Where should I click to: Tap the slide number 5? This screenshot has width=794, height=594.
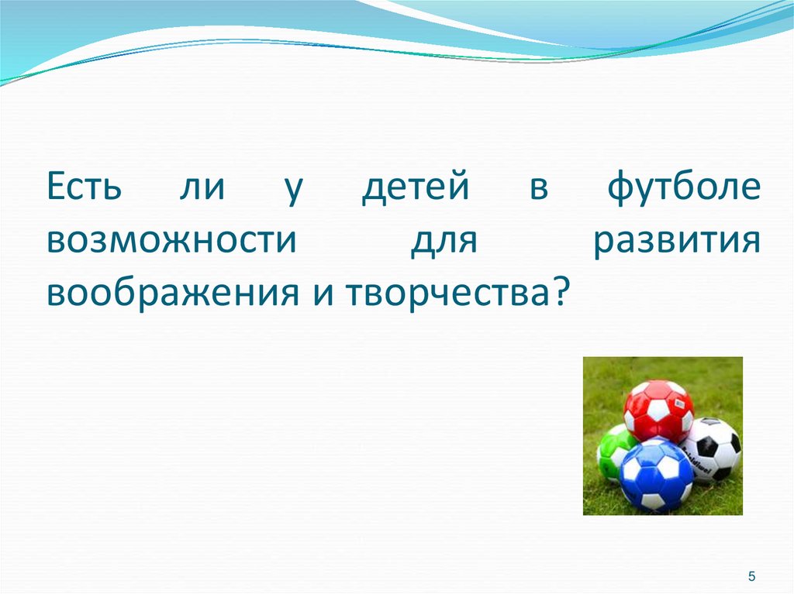[x=751, y=576]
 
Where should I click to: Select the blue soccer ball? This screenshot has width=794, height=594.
[x=656, y=475]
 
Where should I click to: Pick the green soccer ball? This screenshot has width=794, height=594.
[x=613, y=452]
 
